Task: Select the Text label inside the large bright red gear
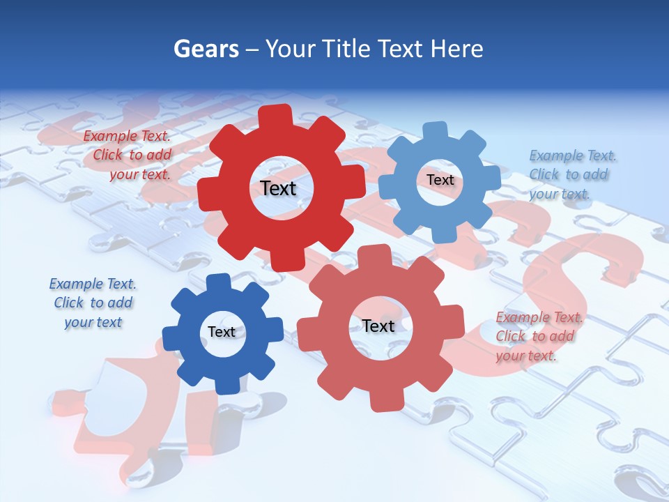278,188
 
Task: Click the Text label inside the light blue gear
440,180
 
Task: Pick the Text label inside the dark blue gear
222,332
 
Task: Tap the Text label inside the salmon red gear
378,326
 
